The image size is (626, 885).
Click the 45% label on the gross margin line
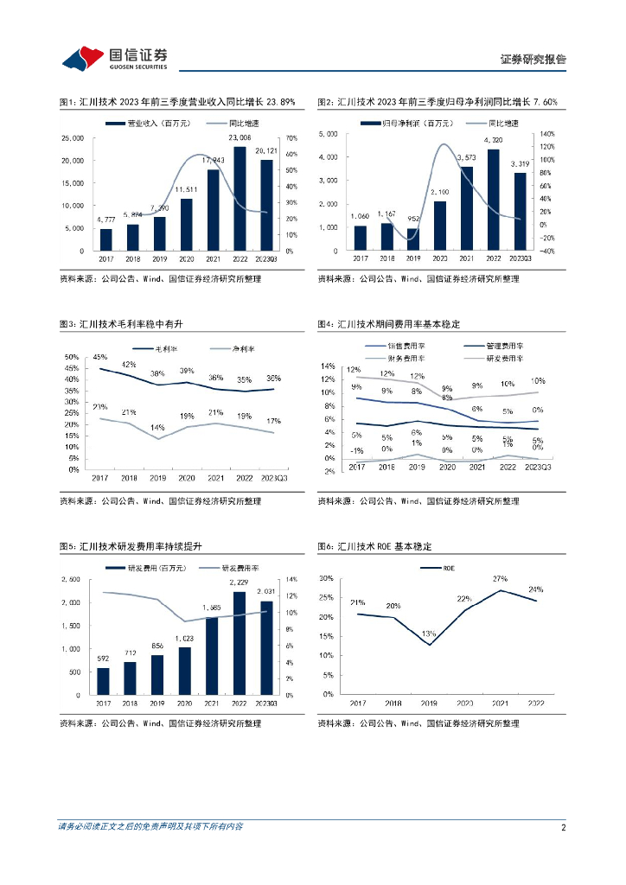[x=100, y=357]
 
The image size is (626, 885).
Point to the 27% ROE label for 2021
[x=500, y=578]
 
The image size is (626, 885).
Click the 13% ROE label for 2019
[x=429, y=634]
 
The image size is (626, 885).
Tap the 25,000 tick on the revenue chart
[x=72, y=138]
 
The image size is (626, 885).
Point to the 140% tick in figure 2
[x=546, y=134]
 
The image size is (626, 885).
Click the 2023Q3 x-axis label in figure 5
[x=266, y=704]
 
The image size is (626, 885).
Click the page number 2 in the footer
[x=563, y=827]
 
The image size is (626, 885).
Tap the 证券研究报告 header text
[x=533, y=60]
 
